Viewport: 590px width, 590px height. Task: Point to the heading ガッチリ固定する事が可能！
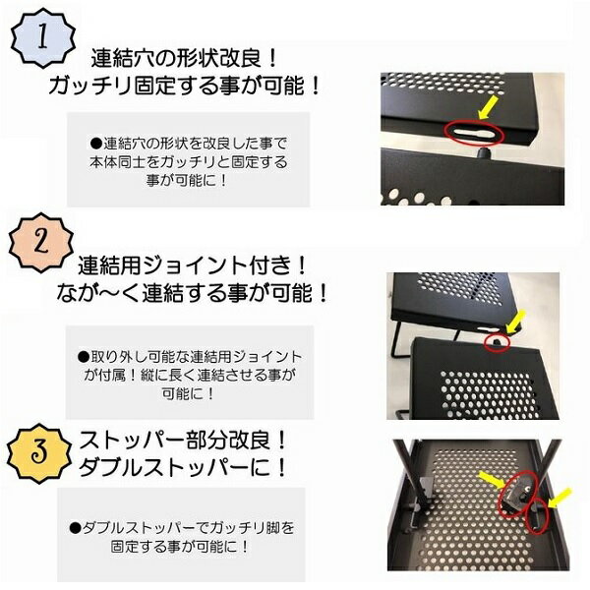186,86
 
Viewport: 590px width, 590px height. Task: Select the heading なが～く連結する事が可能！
193,294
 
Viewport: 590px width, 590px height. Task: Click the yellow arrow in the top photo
493,104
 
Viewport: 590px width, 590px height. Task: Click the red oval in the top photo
475,129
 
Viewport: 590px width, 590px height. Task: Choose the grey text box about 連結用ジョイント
186,376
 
